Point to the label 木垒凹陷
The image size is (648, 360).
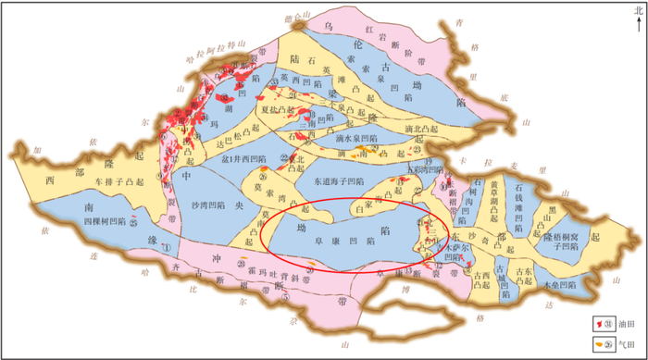click(561, 284)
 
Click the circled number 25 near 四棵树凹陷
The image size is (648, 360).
click(135, 222)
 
